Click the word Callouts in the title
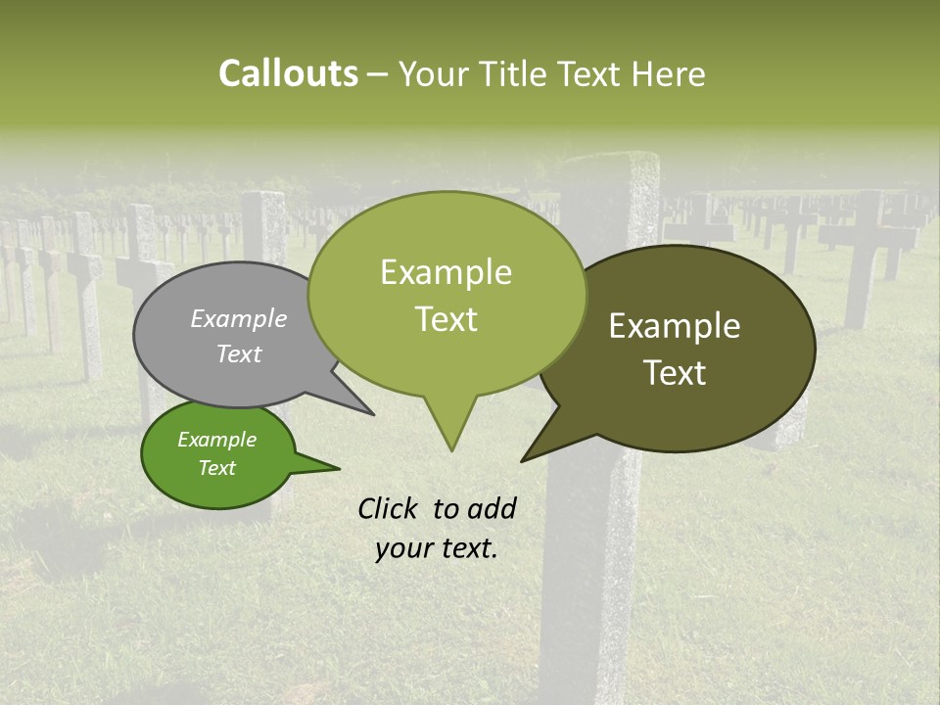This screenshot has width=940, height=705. coord(288,73)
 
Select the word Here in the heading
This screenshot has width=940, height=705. coord(665,73)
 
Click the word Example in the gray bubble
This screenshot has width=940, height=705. coord(239,318)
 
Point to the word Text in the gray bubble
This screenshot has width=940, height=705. coord(239,353)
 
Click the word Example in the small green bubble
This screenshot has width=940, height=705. coord(216,440)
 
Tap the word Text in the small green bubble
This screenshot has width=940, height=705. coord(216,468)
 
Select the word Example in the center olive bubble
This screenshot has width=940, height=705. coord(446,272)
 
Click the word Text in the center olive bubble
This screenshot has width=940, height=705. coord(446,319)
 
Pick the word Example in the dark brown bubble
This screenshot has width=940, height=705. coord(675,326)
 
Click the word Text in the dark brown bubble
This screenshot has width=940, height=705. coord(675,373)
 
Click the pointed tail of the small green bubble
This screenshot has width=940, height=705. coord(337,469)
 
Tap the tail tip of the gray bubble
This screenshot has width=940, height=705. coord(373,414)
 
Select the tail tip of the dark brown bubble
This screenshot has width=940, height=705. coord(523,460)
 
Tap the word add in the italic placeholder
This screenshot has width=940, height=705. coord(491,508)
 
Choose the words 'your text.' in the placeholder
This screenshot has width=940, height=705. coord(437,548)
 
